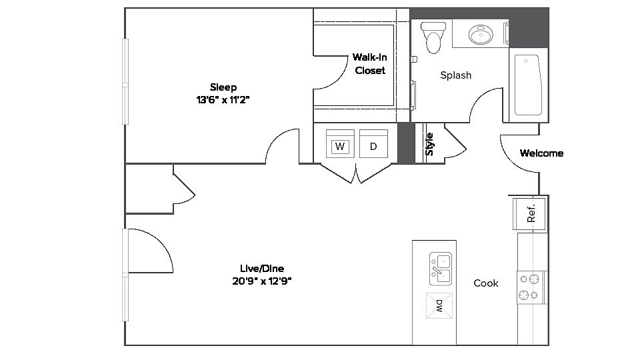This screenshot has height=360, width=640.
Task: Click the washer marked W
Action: click(x=340, y=144)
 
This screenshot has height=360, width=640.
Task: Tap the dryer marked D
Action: click(x=373, y=144)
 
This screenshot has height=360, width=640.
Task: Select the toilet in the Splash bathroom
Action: click(x=434, y=37)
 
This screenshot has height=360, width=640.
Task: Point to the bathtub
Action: click(x=529, y=85)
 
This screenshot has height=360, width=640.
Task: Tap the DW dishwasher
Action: click(x=439, y=306)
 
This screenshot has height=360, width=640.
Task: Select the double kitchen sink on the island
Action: click(x=440, y=267)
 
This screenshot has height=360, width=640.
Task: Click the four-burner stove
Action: click(x=531, y=287)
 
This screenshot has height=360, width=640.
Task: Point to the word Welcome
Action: click(x=541, y=153)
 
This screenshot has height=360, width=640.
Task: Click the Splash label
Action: click(x=456, y=75)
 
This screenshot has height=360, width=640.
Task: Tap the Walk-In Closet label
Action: click(x=370, y=64)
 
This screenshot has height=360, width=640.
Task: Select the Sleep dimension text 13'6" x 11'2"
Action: click(x=223, y=99)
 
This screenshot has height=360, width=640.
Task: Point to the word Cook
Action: click(x=486, y=283)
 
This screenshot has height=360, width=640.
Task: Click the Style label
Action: click(x=430, y=144)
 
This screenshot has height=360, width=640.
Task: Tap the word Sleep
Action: click(x=223, y=87)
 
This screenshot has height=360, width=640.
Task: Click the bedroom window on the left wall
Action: click(x=125, y=81)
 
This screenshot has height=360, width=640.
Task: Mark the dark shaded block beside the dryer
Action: click(x=405, y=142)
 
